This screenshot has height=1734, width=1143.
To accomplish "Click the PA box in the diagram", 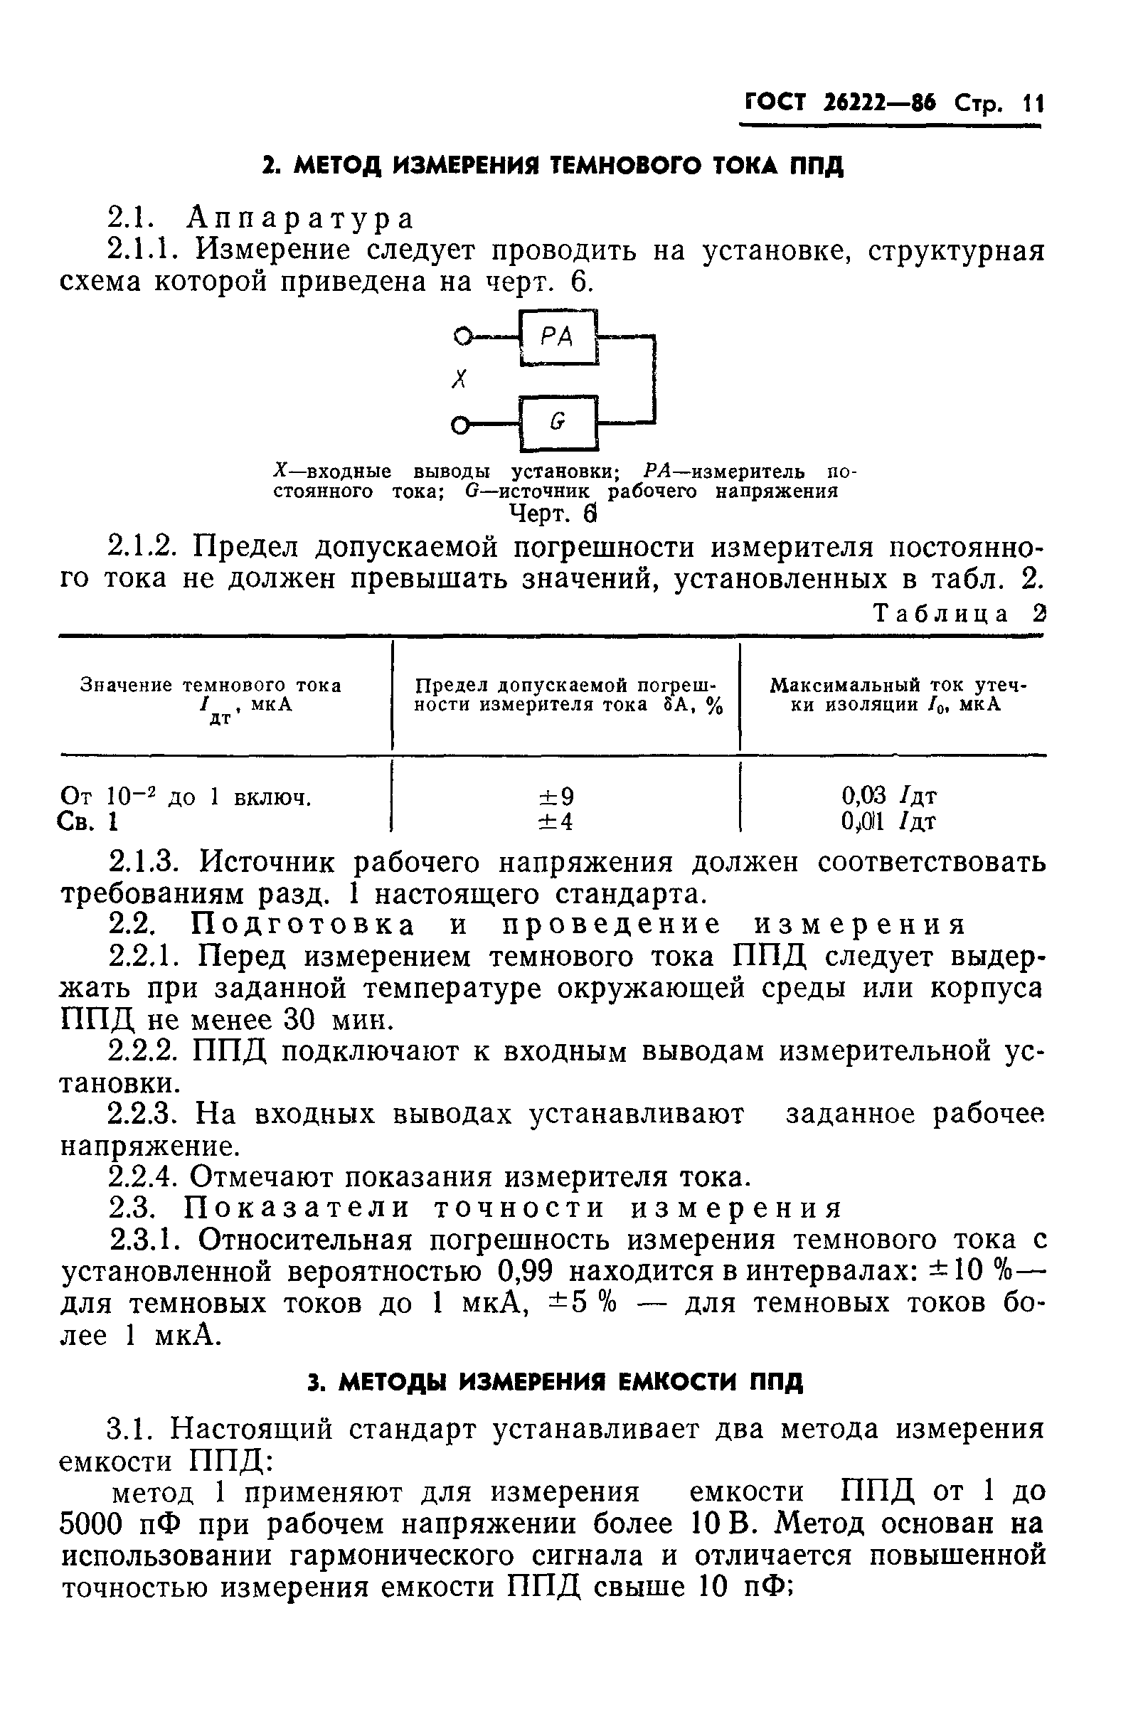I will pos(558,337).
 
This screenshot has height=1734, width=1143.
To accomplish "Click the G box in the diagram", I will pos(558,422).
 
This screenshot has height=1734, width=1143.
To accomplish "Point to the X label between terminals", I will pos(459,380).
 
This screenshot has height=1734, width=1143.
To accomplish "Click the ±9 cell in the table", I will pos(555,796).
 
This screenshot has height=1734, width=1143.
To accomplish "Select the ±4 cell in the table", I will pos(555,822).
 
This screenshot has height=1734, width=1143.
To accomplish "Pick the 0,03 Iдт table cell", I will pos(888,796).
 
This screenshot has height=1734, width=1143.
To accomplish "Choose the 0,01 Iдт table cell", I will pos(888,822).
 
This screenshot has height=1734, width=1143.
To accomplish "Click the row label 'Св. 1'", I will pos(87,822).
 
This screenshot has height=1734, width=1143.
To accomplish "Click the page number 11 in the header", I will pos(1033,104).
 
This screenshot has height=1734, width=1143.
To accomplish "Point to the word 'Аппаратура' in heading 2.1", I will pos(300,218).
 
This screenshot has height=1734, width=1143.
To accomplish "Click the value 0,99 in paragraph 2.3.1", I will pos(523,1272).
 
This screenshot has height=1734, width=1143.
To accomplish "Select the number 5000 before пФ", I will pos(97,1525).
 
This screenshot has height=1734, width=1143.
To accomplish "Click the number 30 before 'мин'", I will pos(298,1020).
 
